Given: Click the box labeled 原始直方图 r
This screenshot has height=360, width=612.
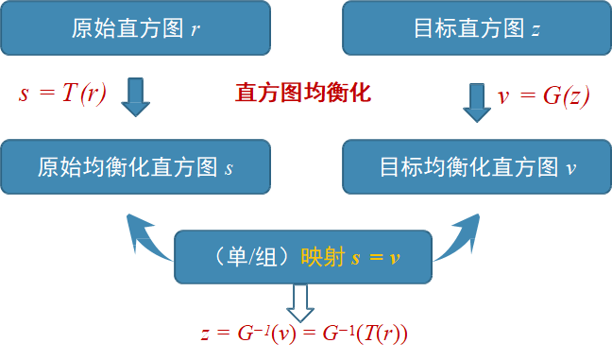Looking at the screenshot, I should [136, 28].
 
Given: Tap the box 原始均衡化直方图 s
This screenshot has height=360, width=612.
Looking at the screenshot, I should [136, 167].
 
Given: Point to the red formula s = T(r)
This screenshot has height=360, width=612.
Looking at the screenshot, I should [62, 93].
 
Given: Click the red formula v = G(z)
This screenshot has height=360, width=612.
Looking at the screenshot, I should [543, 95].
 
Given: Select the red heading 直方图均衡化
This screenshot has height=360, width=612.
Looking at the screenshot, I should [303, 93].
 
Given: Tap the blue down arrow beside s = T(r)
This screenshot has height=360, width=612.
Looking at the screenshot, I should [136, 94].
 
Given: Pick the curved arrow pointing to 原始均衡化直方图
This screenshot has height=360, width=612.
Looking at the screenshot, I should [147, 236].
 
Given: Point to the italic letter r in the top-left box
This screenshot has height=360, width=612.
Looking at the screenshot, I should [195, 29].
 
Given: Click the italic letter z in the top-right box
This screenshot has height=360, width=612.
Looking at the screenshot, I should [535, 29].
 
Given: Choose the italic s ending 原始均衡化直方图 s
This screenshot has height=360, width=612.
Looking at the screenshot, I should [229, 168].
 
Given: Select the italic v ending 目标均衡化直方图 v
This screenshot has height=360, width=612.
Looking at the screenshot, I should [569, 168].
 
